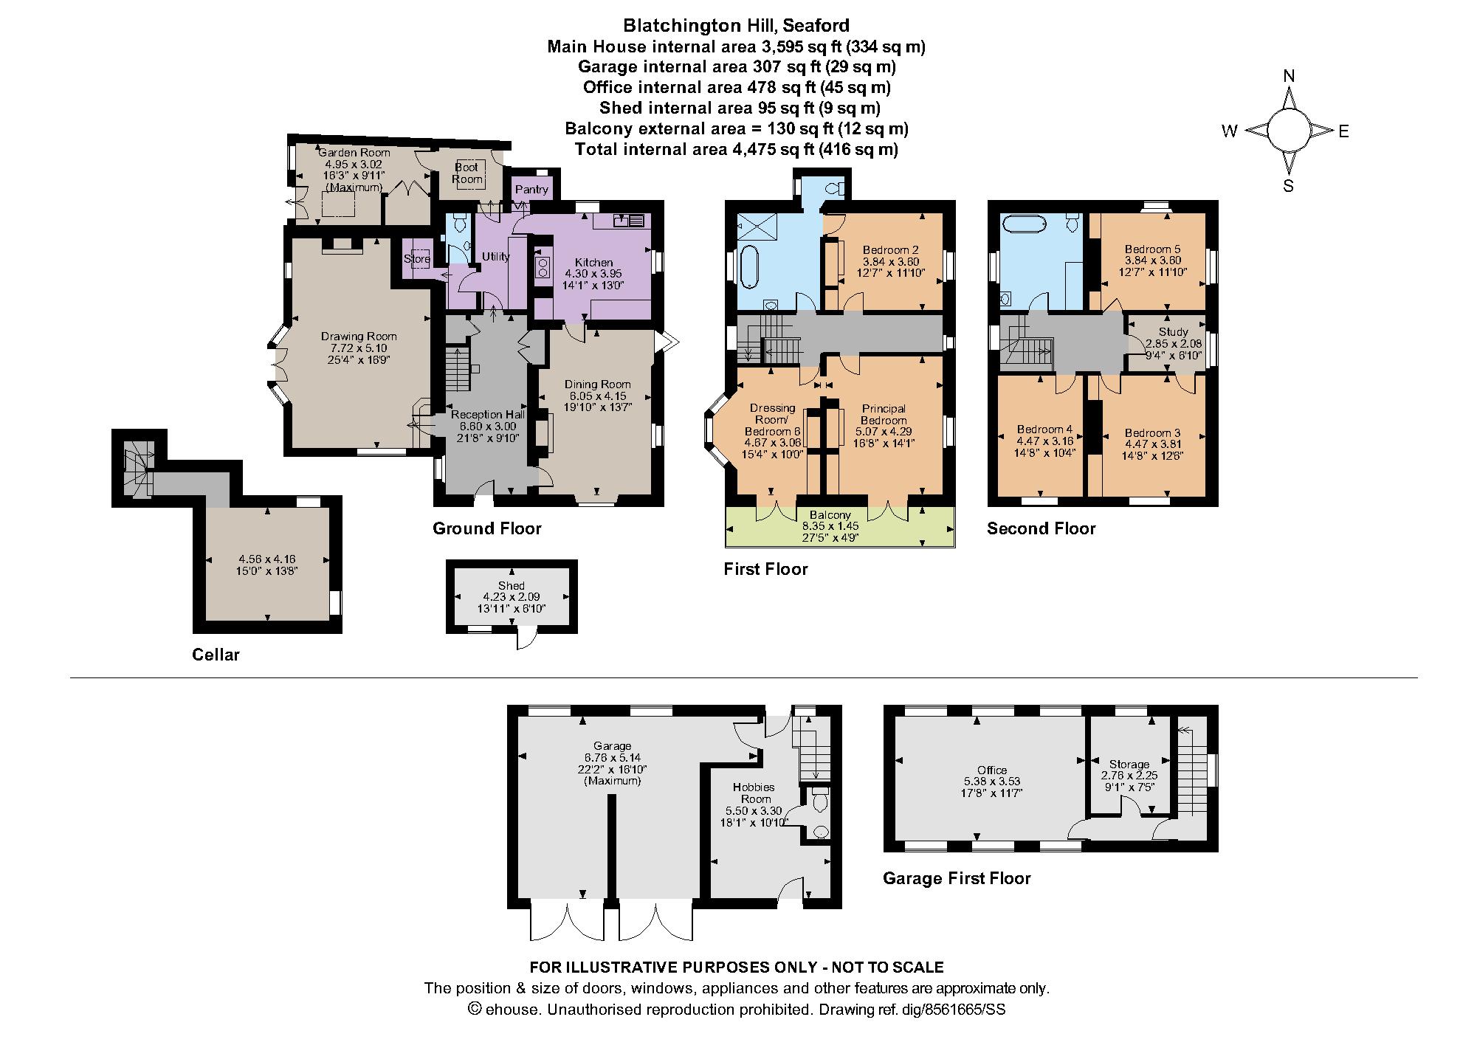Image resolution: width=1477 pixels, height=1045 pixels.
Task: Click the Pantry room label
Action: tap(531, 190)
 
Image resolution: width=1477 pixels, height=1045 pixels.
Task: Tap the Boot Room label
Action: tap(467, 173)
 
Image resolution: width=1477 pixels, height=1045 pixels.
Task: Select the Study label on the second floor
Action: tap(1174, 332)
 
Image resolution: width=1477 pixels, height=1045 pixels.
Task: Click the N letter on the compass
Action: tap(1290, 76)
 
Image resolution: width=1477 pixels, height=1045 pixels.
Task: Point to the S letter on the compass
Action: tap(1289, 185)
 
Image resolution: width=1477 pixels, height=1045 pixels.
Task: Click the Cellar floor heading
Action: tap(216, 655)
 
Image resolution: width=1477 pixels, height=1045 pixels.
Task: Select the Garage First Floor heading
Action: tap(957, 878)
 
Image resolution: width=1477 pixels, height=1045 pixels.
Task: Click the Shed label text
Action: tap(512, 586)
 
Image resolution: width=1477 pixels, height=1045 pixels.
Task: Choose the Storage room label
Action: tap(1129, 765)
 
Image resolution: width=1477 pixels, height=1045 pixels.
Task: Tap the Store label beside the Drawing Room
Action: tap(417, 259)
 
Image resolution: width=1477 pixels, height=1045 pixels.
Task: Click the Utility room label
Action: tap(495, 257)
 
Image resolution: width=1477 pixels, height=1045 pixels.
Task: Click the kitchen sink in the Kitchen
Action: tap(629, 220)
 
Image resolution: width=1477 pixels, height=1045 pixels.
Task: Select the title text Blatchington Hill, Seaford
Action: tap(736, 26)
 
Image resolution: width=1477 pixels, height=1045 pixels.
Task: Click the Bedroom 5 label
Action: tap(1153, 249)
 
